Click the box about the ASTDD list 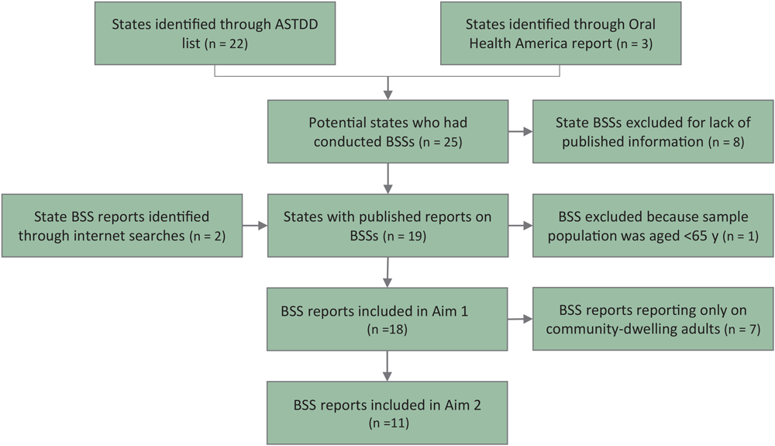click(215, 33)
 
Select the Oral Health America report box click(560, 33)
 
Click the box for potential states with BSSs click(387, 132)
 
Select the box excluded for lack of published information click(653, 132)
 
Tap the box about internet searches click(122, 226)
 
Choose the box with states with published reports click(387, 226)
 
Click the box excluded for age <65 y click(653, 226)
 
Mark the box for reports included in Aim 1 click(387, 319)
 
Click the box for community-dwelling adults click(653, 319)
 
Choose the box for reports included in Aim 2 click(387, 412)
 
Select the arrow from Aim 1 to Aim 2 click(387, 365)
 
